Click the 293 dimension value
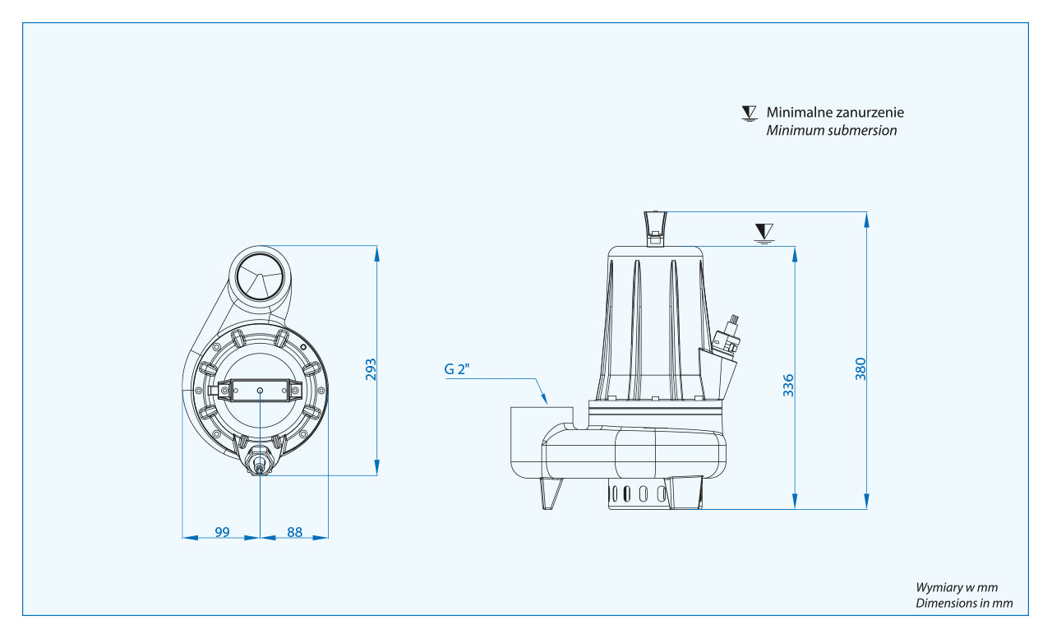(371, 369)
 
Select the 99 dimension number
(222, 532)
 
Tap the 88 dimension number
(294, 532)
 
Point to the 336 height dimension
(788, 384)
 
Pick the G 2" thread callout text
(457, 369)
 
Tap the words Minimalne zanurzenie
(835, 113)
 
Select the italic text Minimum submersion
(831, 131)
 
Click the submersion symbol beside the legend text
(748, 113)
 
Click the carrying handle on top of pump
(655, 225)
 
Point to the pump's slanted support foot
(551, 493)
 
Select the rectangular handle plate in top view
(260, 390)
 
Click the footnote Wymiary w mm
(957, 587)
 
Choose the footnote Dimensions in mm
(964, 603)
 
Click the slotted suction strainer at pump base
(639, 493)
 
